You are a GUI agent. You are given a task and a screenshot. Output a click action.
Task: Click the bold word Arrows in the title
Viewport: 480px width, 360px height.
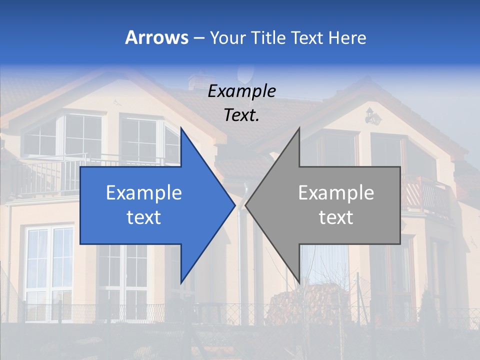[156, 37]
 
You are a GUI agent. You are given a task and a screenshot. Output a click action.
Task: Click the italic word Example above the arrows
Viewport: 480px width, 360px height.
[241, 91]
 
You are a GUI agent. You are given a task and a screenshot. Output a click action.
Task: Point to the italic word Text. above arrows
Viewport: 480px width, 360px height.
[241, 115]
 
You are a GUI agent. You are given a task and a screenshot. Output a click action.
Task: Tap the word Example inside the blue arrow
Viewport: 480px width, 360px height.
[144, 193]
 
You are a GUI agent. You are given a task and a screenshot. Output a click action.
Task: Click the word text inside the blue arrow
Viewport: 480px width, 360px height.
[144, 217]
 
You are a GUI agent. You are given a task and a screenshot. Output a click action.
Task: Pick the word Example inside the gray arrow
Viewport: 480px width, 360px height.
[336, 193]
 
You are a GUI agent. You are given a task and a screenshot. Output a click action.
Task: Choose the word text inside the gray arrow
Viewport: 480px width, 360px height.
[336, 217]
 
